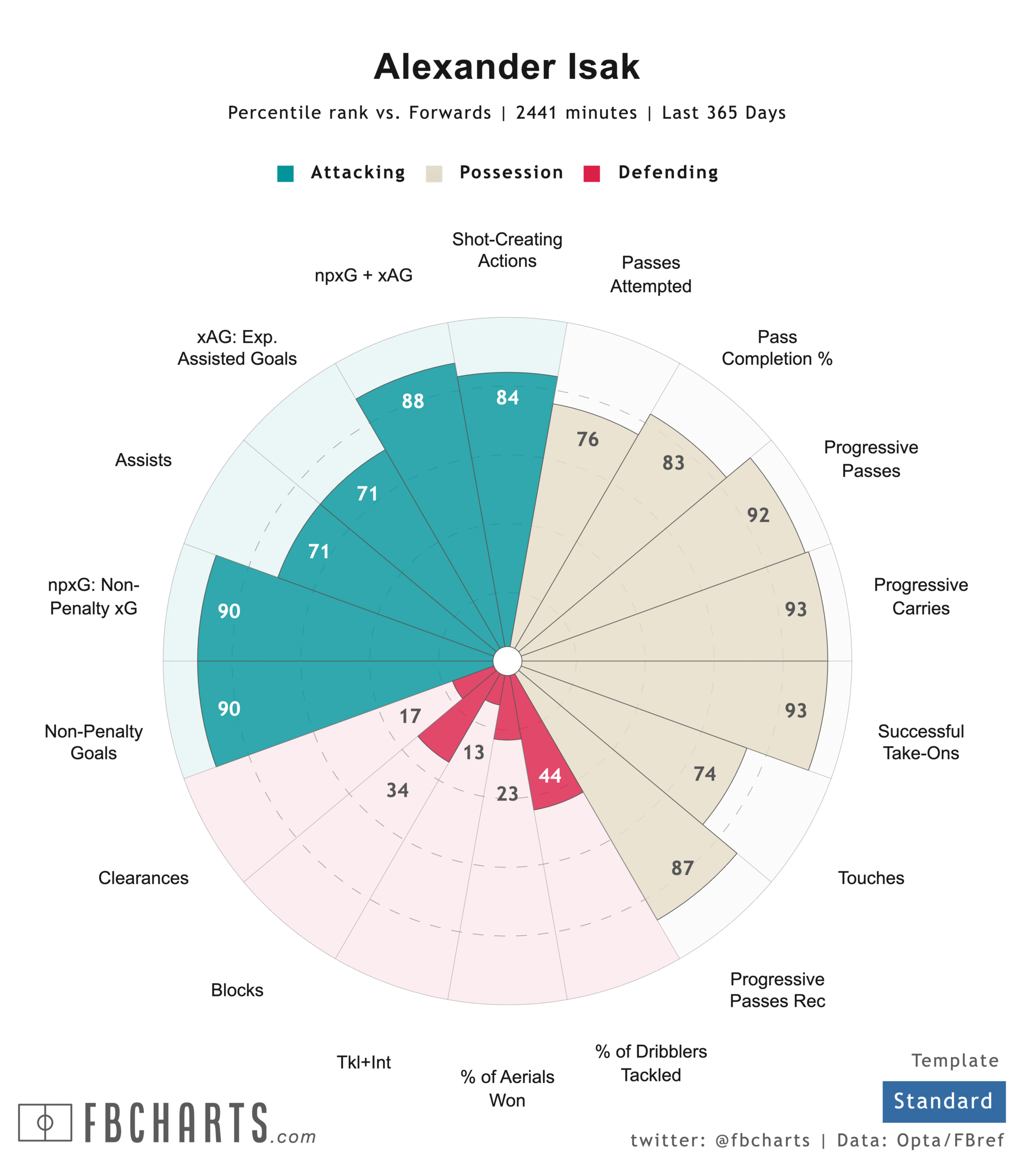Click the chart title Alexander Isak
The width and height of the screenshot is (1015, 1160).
[x=507, y=67]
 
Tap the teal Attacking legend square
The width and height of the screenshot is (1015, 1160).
[x=285, y=173]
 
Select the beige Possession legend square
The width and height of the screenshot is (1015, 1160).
[x=434, y=173]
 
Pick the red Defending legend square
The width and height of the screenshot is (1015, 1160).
[x=592, y=173]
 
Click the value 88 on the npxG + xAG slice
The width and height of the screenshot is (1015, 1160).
[x=413, y=401]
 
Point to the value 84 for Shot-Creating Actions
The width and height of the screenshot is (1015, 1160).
[x=507, y=398]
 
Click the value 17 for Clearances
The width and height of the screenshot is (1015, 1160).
[x=410, y=716]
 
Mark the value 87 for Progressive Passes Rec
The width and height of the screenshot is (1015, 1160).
[x=682, y=868]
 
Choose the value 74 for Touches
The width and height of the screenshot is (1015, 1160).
[x=705, y=774]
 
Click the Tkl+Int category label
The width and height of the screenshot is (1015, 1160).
[x=363, y=1063]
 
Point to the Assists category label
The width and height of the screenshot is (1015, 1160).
[x=143, y=460]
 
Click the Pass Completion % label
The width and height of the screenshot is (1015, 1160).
[x=777, y=348]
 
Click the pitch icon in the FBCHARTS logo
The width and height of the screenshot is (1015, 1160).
[x=45, y=1122]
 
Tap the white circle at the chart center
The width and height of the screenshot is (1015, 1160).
[x=507, y=661]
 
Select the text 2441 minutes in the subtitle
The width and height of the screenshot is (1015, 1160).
[x=576, y=113]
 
